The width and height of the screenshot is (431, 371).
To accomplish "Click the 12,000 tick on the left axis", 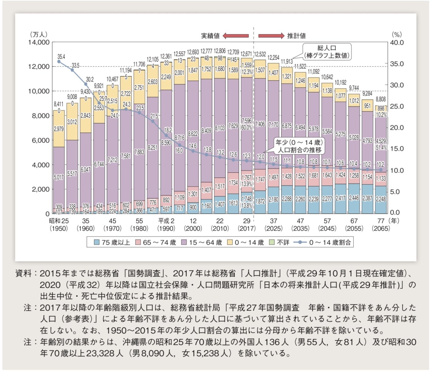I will click(39, 67).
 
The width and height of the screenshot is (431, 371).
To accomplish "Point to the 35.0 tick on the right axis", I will click(397, 64).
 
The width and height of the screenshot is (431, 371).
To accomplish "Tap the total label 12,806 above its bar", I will click(220, 51).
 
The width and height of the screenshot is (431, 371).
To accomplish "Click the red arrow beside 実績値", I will click(236, 36).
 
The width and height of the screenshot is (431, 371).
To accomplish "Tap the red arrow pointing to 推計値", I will click(271, 36).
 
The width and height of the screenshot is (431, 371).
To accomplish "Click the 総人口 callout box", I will click(327, 52).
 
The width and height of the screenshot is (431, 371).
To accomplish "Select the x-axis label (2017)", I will click(247, 228).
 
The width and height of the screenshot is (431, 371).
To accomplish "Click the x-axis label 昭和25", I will click(59, 221).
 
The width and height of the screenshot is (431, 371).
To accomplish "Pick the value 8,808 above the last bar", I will click(381, 99).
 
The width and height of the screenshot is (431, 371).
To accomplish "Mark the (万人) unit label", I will click(39, 34).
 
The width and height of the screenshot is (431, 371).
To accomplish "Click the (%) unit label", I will click(397, 34).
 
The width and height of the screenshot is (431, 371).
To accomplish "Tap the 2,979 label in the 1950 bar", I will click(59, 129).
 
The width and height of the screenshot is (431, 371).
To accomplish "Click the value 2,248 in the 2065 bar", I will click(381, 199).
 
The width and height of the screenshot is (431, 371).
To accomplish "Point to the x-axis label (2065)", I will click(381, 228).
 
